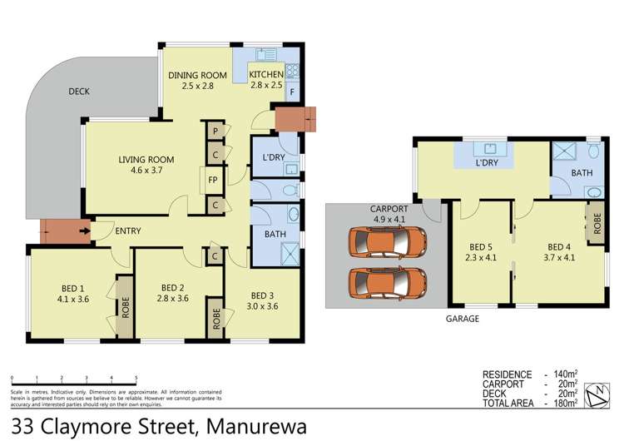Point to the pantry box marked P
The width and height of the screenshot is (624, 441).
(x=215, y=132)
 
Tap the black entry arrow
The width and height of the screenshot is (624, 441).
(x=84, y=230)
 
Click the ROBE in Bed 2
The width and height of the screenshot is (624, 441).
(x=215, y=318)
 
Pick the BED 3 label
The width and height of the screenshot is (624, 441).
(x=262, y=295)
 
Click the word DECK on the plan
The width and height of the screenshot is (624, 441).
(x=79, y=92)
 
